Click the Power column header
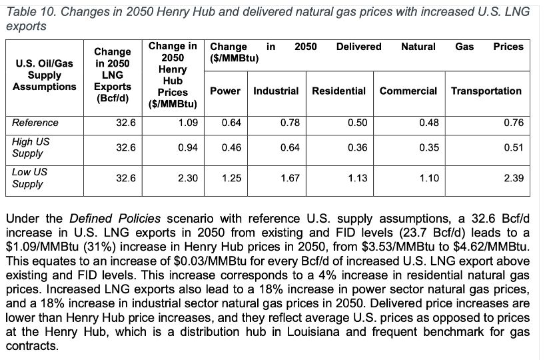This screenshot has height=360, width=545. coord(225,91)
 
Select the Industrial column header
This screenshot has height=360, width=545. coord(276,91)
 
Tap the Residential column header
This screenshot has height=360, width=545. coord(338,91)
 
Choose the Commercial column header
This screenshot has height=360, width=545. coord(408,91)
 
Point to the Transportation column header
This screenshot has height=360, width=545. coord(486,91)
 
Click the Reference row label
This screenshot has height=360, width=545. coord(35,123)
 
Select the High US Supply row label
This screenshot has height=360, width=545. coord(31,147)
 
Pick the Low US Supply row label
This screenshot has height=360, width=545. coord(30,178)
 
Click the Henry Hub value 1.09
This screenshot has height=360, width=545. coord(188,123)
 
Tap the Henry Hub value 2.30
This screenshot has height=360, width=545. coord(188,178)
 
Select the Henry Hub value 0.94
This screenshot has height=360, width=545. coord(188,147)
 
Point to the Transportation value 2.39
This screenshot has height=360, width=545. coord(514,178)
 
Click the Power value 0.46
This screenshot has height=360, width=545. coord(231,147)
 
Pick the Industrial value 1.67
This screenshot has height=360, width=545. coord(290,178)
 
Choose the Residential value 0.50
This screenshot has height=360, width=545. coord(357,123)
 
